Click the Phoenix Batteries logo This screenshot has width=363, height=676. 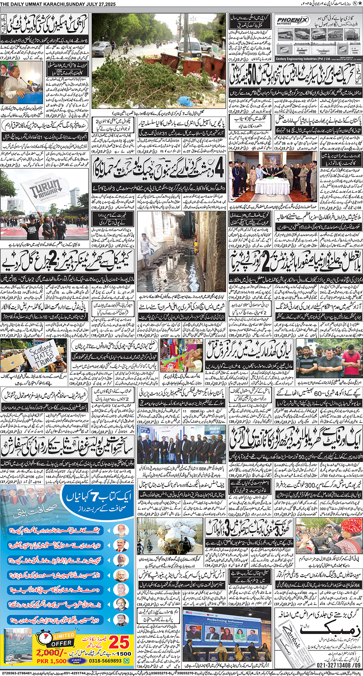click(292, 20)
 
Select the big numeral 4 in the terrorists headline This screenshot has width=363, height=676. click(219, 169)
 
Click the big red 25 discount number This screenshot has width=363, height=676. click(119, 642)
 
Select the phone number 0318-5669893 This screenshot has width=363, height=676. click(105, 661)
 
